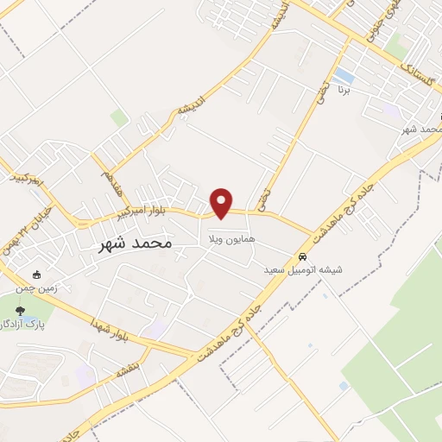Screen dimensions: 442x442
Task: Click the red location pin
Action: pyautogui.click(x=222, y=201)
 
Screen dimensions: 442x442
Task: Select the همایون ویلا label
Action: pyautogui.click(x=229, y=234)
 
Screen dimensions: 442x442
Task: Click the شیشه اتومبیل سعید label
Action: pyautogui.click(x=303, y=270)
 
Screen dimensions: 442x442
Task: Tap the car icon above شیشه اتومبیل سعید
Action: pyautogui.click(x=302, y=257)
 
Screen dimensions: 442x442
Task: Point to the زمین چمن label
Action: pyautogui.click(x=41, y=288)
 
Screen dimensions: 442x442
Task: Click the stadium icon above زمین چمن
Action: pyautogui.click(x=36, y=275)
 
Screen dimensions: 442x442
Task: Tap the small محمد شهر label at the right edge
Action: pyautogui.click(x=422, y=129)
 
